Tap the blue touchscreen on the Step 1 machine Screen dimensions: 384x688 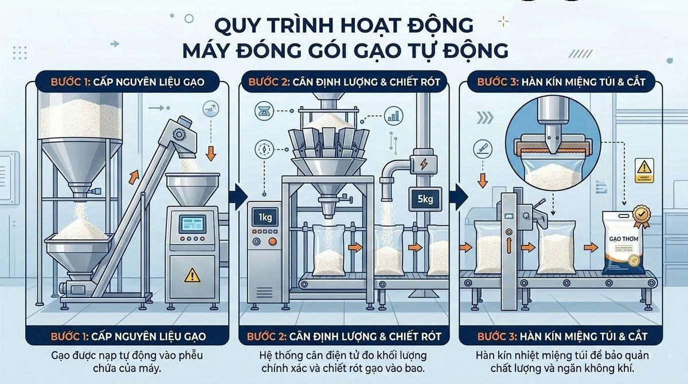click(x=191, y=224)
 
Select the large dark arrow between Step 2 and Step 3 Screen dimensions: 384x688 click(x=458, y=196)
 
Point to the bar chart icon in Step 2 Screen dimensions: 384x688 click(x=393, y=117)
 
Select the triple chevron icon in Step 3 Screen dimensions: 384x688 click(x=485, y=117)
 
